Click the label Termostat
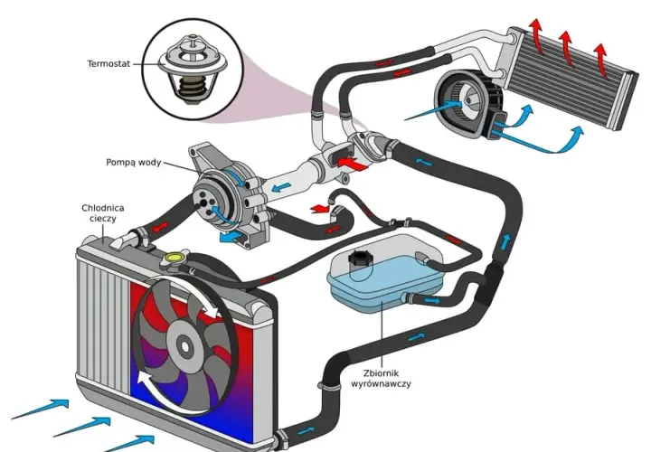pos(108,64)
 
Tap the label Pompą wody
pos(133,163)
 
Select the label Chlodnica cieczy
pos(102,213)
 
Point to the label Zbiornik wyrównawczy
pos(382,378)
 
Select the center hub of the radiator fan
pos(183,344)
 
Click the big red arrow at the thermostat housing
pos(352,163)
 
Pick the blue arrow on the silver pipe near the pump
pos(282,188)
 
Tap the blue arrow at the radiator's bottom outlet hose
pos(307,432)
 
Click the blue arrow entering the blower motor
pos(433,109)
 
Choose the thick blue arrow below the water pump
pos(231,238)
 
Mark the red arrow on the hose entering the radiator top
pos(161,227)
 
